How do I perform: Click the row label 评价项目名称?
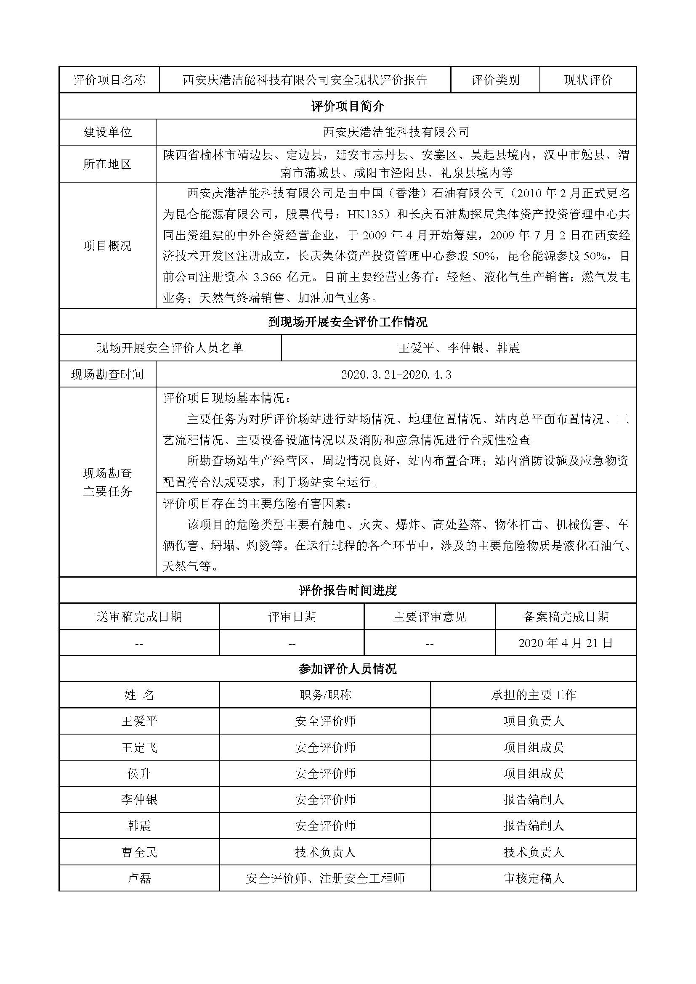tap(109, 80)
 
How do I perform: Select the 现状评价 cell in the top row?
tap(587, 80)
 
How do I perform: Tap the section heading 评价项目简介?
tap(348, 106)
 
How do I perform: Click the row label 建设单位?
tap(107, 132)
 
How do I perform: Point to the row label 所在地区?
tap(107, 164)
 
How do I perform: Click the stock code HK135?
tap(365, 214)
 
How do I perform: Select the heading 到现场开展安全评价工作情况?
tap(348, 322)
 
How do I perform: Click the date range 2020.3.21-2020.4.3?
tap(396, 374)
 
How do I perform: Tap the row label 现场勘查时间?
tap(107, 374)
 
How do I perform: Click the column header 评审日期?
tap(292, 617)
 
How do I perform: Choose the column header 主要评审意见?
tap(430, 617)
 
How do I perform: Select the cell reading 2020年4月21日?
tap(566, 643)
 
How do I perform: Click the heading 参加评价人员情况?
tap(348, 668)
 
